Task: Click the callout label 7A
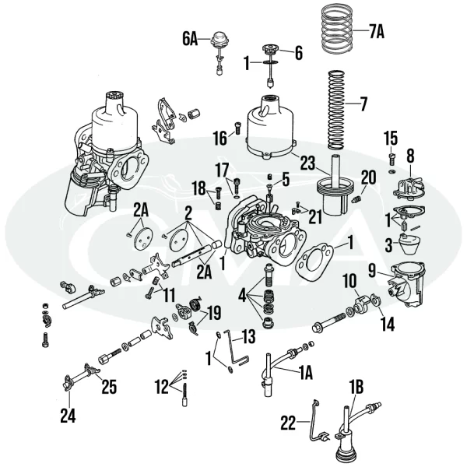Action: [376, 33]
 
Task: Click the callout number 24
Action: [68, 416]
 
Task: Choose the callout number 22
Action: [289, 423]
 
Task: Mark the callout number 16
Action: [220, 138]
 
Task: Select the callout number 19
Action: [213, 314]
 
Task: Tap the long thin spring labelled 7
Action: [335, 109]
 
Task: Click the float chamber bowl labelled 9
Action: [406, 284]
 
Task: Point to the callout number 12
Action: [161, 384]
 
